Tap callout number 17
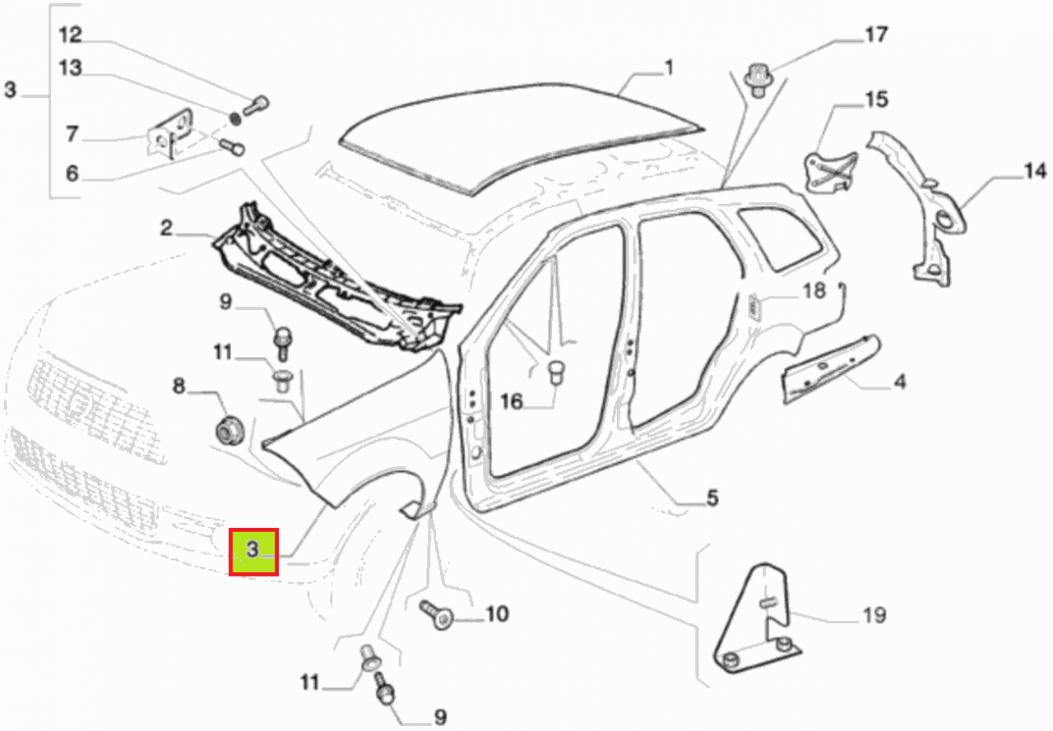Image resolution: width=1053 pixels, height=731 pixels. [875, 35]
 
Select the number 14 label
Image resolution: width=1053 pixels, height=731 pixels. [1035, 172]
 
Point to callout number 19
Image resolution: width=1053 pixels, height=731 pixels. [874, 614]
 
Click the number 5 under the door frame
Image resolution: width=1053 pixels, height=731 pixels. [712, 497]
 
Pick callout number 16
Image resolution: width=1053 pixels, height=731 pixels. [512, 401]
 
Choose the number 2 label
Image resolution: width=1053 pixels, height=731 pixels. [166, 228]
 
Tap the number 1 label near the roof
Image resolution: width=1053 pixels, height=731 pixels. [669, 67]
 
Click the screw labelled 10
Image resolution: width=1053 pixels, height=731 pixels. [436, 613]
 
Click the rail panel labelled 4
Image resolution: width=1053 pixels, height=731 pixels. [827, 363]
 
